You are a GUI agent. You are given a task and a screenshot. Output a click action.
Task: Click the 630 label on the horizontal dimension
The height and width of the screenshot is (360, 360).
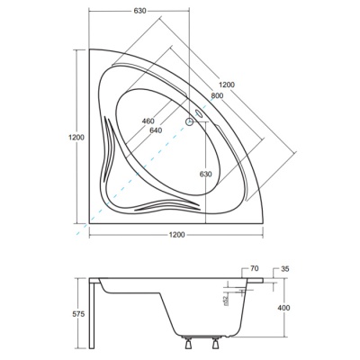(x=139, y=11)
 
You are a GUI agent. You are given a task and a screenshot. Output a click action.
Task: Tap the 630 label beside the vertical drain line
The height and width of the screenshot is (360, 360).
(x=206, y=174)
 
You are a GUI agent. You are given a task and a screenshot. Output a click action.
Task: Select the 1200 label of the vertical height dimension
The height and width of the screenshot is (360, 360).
(x=76, y=138)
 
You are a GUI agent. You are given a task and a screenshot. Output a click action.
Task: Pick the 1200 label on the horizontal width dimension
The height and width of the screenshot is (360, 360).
(x=176, y=235)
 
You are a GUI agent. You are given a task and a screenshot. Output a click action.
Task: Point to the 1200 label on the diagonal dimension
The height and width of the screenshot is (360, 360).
(x=227, y=85)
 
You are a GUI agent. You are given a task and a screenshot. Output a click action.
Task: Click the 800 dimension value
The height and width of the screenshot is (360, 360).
(x=217, y=95)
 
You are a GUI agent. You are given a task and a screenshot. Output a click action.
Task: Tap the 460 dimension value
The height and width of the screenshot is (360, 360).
(x=148, y=121)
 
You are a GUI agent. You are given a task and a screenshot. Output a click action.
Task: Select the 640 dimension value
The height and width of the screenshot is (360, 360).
(x=156, y=130)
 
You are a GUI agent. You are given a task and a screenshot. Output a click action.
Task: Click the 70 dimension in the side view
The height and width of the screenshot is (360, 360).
(x=254, y=269)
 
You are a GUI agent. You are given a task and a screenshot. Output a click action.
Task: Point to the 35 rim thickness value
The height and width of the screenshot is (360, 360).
(x=284, y=269)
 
